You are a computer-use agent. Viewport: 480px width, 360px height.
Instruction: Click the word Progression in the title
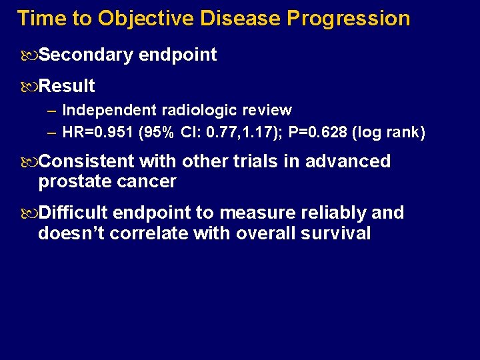(348, 18)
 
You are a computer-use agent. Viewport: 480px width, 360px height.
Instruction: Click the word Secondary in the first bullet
(85, 55)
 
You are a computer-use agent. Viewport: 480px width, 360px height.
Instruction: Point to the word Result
(67, 86)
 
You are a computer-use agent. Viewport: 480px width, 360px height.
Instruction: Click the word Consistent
(87, 161)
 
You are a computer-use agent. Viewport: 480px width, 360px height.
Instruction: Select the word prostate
(71, 181)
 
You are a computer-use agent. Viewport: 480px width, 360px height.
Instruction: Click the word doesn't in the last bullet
(71, 233)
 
